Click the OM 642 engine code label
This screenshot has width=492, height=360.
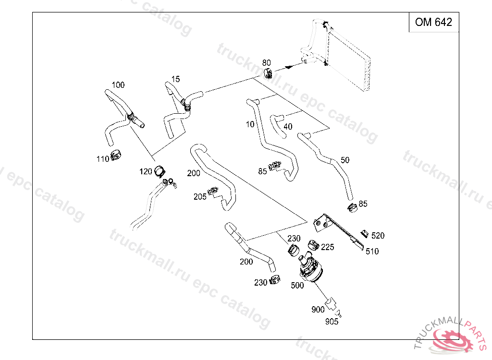(x=433, y=22)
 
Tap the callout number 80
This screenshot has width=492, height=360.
(x=266, y=63)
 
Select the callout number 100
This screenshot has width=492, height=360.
(x=118, y=85)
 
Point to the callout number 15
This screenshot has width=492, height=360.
(x=175, y=79)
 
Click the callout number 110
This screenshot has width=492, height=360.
(x=103, y=159)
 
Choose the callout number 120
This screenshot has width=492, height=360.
(x=146, y=171)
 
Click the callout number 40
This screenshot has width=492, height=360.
(x=288, y=127)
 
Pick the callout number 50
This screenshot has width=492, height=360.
(x=345, y=160)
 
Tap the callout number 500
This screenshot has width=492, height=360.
(x=297, y=285)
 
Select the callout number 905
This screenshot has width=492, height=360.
(x=332, y=322)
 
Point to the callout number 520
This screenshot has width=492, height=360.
(x=378, y=236)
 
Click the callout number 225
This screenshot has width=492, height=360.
(x=327, y=247)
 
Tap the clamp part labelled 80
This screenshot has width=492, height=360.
(x=269, y=73)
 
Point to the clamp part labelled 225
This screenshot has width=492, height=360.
(x=313, y=244)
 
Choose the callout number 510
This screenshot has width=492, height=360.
(x=372, y=251)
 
